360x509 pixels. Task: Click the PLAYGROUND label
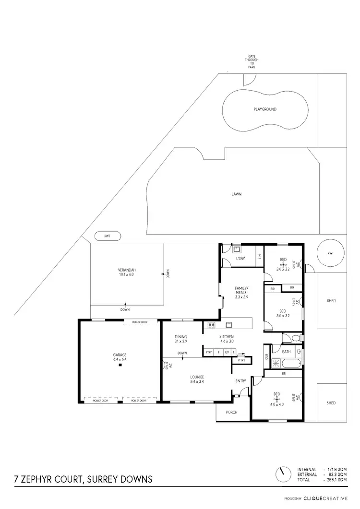click(x=265, y=109)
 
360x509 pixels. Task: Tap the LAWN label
click(x=236, y=194)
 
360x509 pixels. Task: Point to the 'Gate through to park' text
click(x=252, y=62)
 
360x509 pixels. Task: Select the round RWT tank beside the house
click(x=330, y=253)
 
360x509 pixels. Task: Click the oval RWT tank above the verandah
click(x=106, y=236)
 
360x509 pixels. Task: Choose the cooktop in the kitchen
click(x=211, y=325)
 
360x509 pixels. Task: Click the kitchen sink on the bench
click(x=229, y=324)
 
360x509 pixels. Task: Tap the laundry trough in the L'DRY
click(x=237, y=249)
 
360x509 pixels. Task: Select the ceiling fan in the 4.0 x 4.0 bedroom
click(x=276, y=399)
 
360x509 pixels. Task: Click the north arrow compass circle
click(x=283, y=474)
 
